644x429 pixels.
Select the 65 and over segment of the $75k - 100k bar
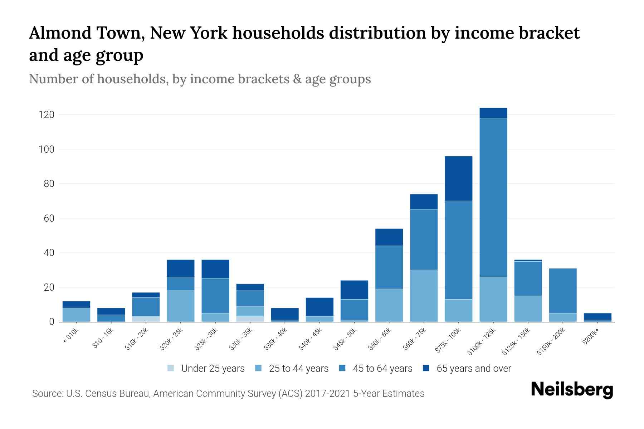[x=458, y=178]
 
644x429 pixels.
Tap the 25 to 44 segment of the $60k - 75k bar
[x=424, y=296]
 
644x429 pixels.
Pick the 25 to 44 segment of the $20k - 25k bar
[x=181, y=306]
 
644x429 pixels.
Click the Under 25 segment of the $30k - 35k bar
[x=250, y=319]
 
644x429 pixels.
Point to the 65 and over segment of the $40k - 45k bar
[x=319, y=307]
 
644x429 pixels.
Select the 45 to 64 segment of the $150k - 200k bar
[x=563, y=291]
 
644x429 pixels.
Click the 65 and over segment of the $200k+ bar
[x=597, y=316]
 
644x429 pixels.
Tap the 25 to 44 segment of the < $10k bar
[x=76, y=315]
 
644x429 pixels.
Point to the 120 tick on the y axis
[x=47, y=115]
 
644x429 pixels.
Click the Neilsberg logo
[x=572, y=390]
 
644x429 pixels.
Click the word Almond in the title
[x=58, y=33]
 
